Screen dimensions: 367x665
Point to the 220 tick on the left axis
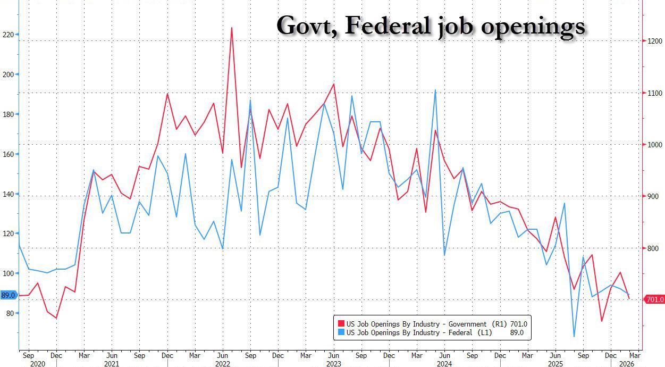[x=9, y=35]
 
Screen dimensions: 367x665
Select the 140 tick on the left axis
[x=9, y=194]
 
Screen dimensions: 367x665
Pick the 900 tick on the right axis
[x=653, y=196]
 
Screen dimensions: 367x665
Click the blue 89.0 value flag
[x=9, y=295]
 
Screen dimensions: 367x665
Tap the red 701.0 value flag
[x=654, y=300]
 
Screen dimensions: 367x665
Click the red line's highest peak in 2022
[x=232, y=28]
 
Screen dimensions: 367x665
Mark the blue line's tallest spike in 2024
[x=435, y=90]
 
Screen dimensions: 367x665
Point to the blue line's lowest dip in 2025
[x=574, y=336]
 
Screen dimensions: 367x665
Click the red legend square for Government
[x=340, y=324]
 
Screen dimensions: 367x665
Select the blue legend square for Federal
[x=340, y=333]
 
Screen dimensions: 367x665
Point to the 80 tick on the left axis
[x=10, y=313]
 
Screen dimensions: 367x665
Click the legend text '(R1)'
[x=498, y=324]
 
